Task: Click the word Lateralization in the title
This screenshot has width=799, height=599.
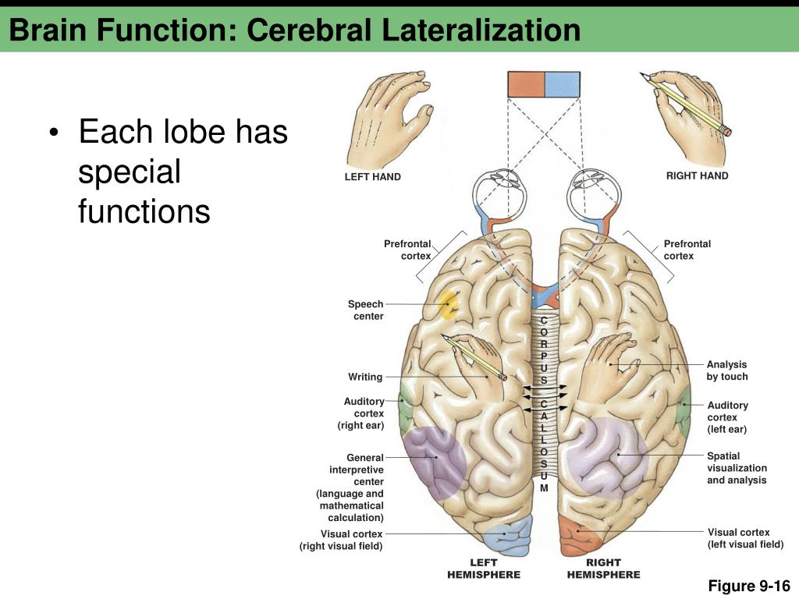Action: point(481,30)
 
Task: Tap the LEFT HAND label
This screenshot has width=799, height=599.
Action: point(373,177)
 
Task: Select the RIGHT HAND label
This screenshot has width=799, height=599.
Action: point(697,175)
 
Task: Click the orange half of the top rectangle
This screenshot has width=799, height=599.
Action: point(526,84)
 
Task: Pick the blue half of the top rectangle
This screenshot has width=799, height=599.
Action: point(562,84)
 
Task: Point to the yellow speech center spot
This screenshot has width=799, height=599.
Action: point(449,305)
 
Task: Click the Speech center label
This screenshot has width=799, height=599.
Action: point(367,310)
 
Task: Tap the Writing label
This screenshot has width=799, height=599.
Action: point(365,377)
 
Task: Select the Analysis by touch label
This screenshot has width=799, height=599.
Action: point(727,370)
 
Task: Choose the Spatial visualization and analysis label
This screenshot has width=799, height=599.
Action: point(737,468)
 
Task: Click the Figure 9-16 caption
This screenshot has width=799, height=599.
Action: point(749,586)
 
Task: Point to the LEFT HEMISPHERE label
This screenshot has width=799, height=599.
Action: point(484,569)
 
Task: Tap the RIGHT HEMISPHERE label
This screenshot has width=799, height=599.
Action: point(603,569)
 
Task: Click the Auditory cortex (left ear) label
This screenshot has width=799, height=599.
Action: point(727,417)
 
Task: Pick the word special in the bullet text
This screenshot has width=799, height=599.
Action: point(130,172)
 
